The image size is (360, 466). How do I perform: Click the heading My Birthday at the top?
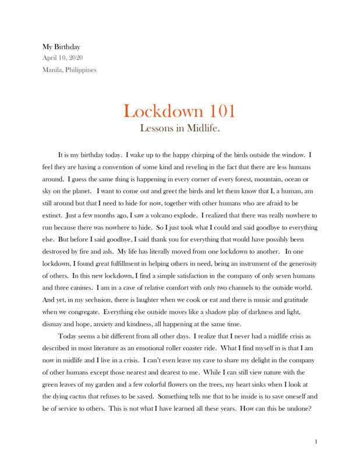point(61,46)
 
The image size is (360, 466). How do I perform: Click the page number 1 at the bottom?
point(316,442)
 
